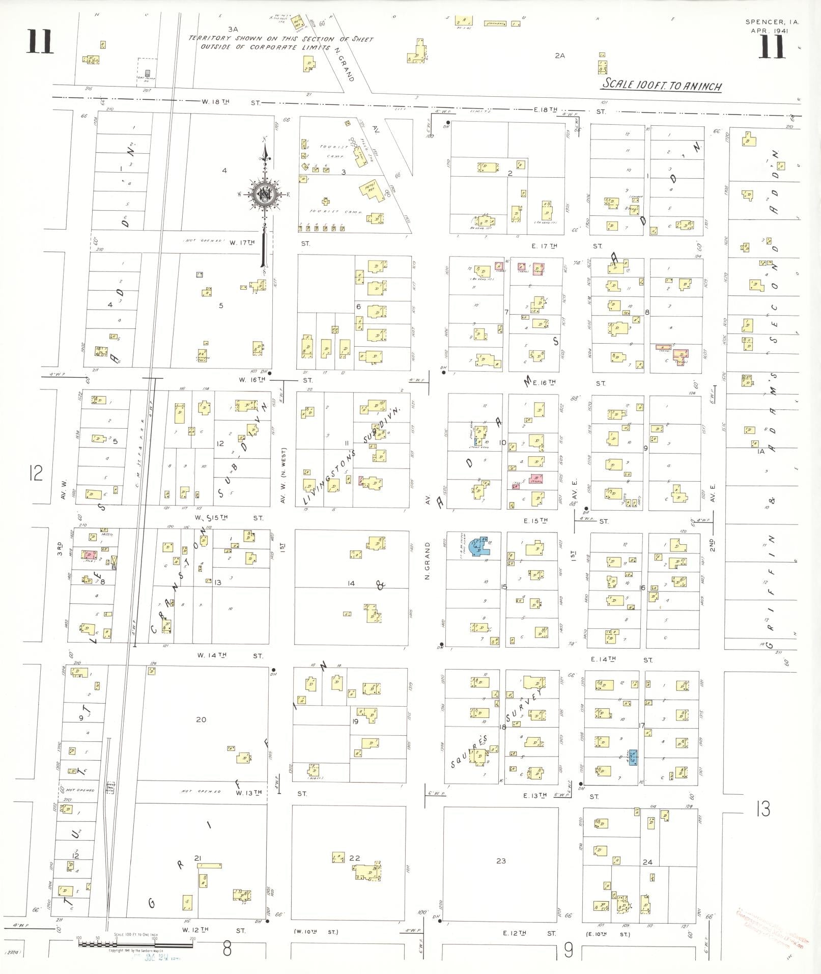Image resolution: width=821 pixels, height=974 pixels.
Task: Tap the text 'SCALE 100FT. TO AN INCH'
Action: [662, 85]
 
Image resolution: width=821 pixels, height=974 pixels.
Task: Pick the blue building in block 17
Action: [633, 757]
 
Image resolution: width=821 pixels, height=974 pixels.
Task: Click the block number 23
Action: [501, 860]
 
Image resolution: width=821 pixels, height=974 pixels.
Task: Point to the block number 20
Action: [201, 719]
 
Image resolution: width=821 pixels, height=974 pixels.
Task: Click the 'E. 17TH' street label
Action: [544, 246]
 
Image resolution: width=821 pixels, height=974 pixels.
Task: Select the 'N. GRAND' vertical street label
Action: [428, 561]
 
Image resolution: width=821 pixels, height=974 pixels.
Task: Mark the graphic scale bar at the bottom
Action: [136, 943]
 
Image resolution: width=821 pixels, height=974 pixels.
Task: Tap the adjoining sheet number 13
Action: [762, 809]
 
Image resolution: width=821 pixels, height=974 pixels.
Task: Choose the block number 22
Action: [354, 857]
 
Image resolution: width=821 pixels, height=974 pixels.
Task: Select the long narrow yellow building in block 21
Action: [209, 865]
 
